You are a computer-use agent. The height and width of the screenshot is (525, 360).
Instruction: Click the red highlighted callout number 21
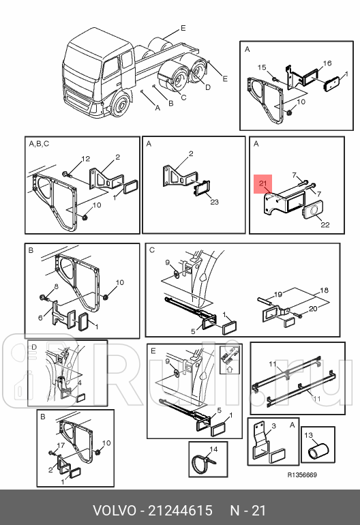pos(263,183)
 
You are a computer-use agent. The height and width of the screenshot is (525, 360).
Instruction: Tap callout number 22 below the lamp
pos(325,225)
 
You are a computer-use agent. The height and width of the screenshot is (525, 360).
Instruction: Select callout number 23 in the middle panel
pos(214,202)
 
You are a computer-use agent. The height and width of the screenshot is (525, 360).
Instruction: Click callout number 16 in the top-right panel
pos(327,63)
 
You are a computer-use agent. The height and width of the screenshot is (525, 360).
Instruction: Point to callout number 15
pos(262,67)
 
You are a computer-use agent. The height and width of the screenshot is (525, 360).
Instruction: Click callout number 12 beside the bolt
pos(86,159)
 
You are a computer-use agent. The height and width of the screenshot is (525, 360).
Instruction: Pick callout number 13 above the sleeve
pos(308,435)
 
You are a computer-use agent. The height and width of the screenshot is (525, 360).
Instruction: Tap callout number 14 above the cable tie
pos(213,449)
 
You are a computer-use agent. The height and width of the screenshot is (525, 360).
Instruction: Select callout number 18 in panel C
pos(324,290)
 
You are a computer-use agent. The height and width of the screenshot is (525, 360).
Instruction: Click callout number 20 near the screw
pos(313,307)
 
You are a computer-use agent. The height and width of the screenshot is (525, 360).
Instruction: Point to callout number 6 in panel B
pos(40,318)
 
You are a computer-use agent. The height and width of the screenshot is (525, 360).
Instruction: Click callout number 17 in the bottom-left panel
pos(61,445)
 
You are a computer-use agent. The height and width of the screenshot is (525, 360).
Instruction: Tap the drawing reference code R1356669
pos(302,475)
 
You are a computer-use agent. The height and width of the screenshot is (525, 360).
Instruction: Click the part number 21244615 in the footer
pos(180,511)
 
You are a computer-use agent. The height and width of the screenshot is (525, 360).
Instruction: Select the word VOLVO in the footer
pos(115,511)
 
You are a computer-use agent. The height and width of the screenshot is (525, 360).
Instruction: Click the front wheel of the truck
pos(120,104)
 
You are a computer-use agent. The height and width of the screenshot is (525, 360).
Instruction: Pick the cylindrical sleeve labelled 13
pos(318,451)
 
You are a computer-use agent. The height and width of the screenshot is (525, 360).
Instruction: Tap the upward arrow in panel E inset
pos(230,370)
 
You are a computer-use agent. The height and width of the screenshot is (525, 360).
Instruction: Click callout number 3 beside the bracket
pos(273,425)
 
